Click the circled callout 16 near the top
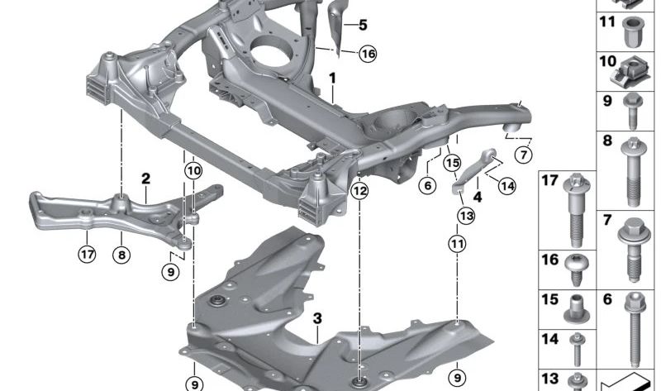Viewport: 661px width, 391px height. click(367, 54)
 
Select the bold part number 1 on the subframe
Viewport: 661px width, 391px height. click(333, 79)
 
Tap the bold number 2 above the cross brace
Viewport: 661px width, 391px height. click(145, 178)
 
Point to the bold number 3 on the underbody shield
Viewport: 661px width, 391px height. click(317, 317)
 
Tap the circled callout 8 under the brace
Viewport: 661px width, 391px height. click(121, 255)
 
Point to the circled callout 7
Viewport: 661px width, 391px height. click(524, 154)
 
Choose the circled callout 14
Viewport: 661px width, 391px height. click(506, 187)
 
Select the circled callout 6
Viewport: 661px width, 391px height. click(426, 187)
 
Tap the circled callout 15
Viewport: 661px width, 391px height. click(450, 165)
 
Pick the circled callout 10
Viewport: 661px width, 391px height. click(193, 171)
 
